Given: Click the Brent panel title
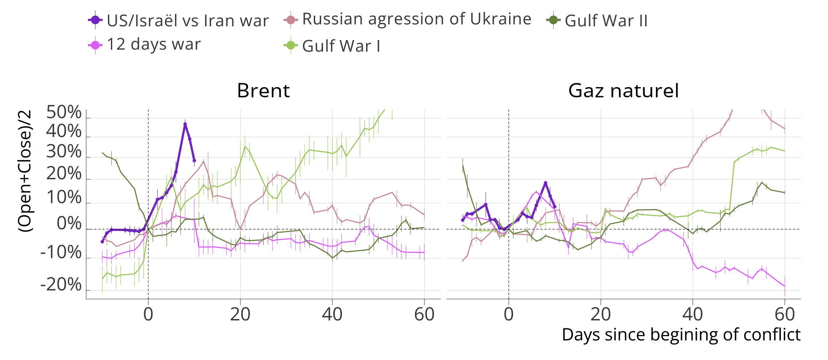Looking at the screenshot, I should pos(263,90).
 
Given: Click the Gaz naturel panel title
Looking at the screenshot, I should pos(623,90).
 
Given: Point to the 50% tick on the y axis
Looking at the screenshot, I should pos(64,112).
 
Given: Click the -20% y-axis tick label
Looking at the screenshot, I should pos(61,285).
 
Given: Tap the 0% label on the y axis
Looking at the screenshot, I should pos(69,224).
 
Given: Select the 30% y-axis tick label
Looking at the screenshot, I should pos(64,152).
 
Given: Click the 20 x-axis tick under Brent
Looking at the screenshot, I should pos(240,314).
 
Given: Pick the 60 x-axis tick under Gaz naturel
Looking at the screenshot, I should pos(785,314).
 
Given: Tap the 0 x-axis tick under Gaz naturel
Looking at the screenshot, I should pos(509,314).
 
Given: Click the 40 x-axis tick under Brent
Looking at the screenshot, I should pos(332,314).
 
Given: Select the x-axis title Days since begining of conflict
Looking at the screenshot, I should pos(681,335).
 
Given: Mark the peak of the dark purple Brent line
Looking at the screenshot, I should pos(185,124).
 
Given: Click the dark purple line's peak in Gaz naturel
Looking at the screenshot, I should pos(545,183).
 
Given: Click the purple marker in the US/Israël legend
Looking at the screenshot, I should pos(95,20).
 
